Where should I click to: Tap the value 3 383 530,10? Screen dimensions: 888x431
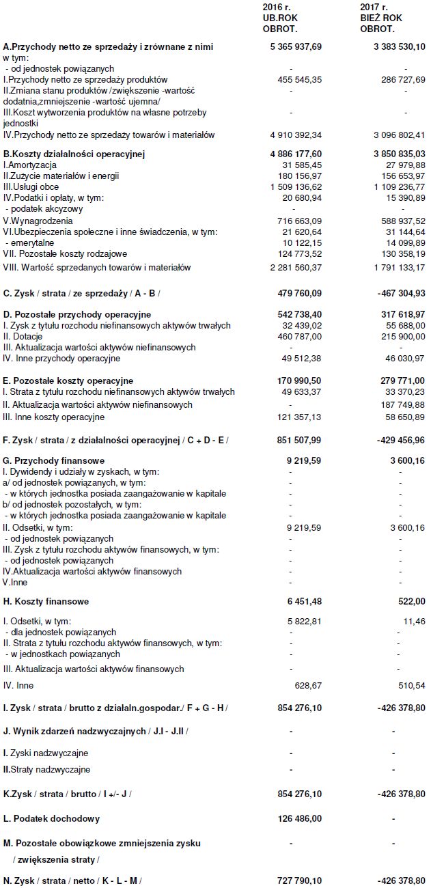point(395,46)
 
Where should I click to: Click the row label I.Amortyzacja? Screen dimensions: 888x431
point(30,165)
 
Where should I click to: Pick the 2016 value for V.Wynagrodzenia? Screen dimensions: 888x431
point(296,221)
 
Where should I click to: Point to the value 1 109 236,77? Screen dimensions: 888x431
point(395,186)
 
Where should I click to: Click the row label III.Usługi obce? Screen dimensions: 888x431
point(31,186)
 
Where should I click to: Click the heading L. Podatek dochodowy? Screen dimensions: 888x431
point(51,818)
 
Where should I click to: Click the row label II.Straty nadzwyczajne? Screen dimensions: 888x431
point(46,770)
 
